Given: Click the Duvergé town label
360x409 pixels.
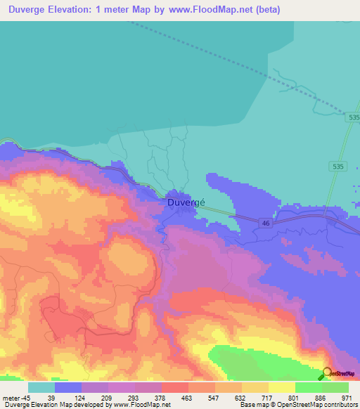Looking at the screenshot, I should coord(186,202).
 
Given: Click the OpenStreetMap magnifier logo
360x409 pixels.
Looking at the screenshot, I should coord(327,374).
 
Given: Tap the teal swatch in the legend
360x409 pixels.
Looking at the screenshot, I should coord(41,387).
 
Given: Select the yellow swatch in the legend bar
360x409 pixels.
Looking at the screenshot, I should coord(281,387).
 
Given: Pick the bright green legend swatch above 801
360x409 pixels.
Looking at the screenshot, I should coord(308,387).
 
